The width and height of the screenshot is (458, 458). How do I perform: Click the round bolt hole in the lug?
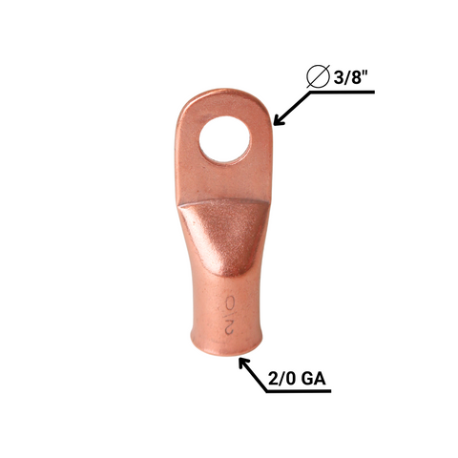pyautogui.click(x=224, y=139)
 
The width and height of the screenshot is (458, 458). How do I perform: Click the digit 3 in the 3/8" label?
pyautogui.click(x=339, y=76)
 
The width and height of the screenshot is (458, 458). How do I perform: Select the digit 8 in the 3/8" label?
pyautogui.click(x=355, y=76)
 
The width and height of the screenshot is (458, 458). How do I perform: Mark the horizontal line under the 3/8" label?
pyautogui.click(x=343, y=93)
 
